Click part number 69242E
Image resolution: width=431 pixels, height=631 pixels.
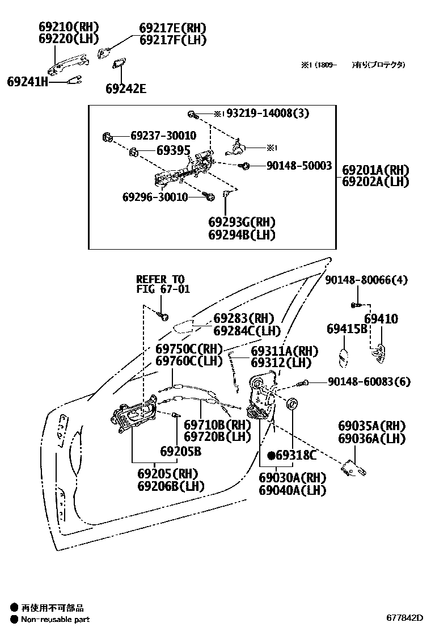tap(125, 89)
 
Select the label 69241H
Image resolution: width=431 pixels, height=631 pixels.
tap(27, 82)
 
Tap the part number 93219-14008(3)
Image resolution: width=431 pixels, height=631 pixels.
tap(268, 113)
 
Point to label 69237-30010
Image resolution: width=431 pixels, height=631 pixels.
tap(163, 136)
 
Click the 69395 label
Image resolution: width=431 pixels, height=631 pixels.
tap(174, 151)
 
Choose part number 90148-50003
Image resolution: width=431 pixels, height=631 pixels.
tap(299, 165)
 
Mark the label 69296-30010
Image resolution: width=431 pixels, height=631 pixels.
tap(155, 197)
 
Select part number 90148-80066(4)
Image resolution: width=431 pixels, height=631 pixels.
tap(366, 280)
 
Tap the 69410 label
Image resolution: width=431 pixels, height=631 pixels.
tap(381, 319)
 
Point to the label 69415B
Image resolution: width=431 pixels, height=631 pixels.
tap(347, 329)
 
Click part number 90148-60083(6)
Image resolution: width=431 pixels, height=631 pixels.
tap(369, 382)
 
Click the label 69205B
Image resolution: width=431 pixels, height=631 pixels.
tap(180, 452)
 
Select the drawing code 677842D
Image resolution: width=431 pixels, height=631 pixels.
tap(405, 617)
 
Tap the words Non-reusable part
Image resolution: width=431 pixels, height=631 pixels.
tap(55, 619)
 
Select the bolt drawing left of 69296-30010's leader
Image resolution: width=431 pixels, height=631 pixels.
tap(209, 197)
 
